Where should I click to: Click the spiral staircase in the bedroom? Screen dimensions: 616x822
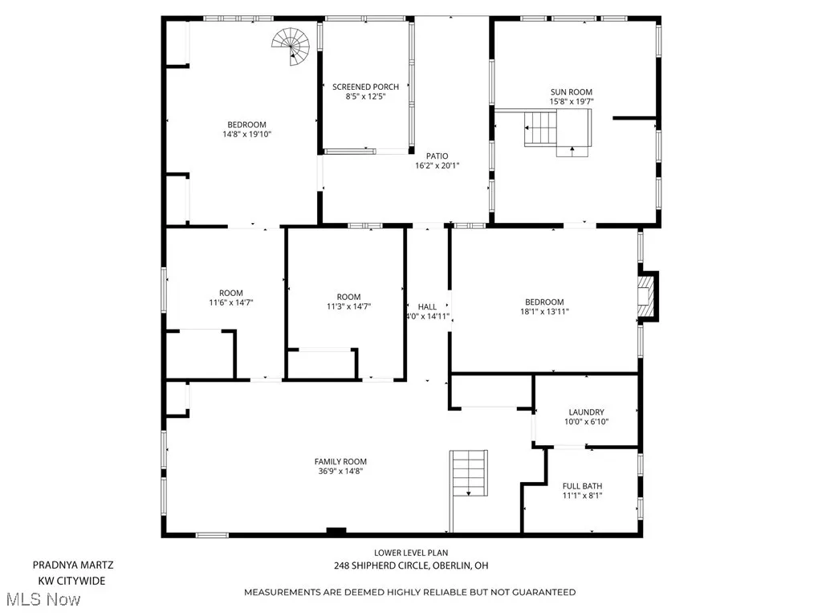291,47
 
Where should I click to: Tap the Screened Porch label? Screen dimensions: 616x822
365,87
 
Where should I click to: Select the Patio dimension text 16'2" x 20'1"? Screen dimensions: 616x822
437,166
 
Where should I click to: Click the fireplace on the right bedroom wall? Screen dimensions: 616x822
647,296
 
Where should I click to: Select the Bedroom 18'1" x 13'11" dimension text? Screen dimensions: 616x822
545,311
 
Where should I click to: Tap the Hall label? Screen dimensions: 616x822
427,306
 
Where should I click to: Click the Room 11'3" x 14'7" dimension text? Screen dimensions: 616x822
348,306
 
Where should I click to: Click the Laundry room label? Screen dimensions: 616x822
586,412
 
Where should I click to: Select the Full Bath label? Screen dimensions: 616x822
582,486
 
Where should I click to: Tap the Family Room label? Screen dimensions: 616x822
340,461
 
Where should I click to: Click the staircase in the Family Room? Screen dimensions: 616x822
469,475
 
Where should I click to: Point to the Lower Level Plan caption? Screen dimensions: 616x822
410,552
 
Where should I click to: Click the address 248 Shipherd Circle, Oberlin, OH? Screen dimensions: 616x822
410,565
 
